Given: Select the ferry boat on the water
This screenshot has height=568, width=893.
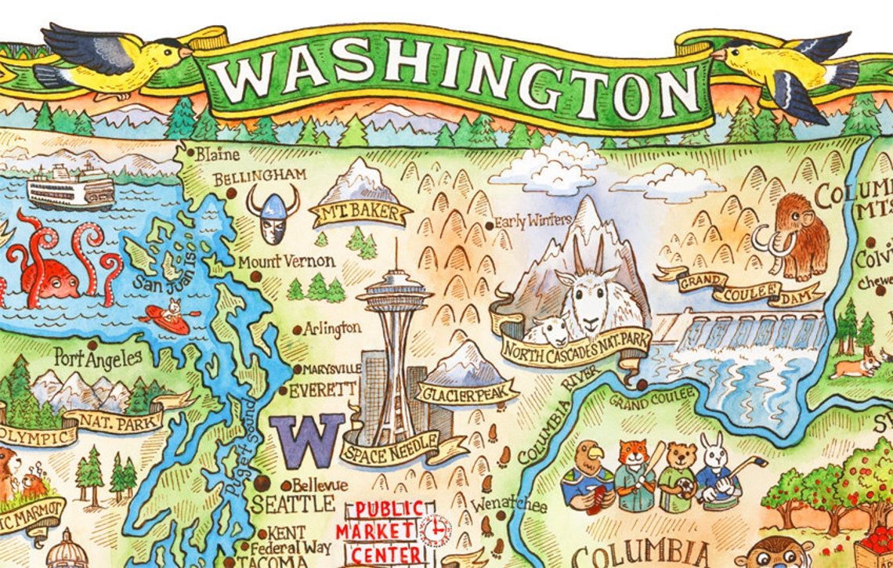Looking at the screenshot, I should tap(70, 188).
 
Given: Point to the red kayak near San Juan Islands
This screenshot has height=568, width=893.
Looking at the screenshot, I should tap(167, 319).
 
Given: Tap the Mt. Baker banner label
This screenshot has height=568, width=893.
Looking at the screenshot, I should tap(361, 212).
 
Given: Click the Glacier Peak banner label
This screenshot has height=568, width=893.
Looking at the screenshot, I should tap(466, 392).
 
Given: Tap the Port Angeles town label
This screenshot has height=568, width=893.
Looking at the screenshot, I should tap(99, 358).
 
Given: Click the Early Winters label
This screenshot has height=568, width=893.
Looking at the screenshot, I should tap(533, 222).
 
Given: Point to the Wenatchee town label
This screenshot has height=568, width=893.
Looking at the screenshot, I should tap(508, 503).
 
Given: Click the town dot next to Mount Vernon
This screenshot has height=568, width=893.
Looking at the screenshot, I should tap(255, 276).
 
